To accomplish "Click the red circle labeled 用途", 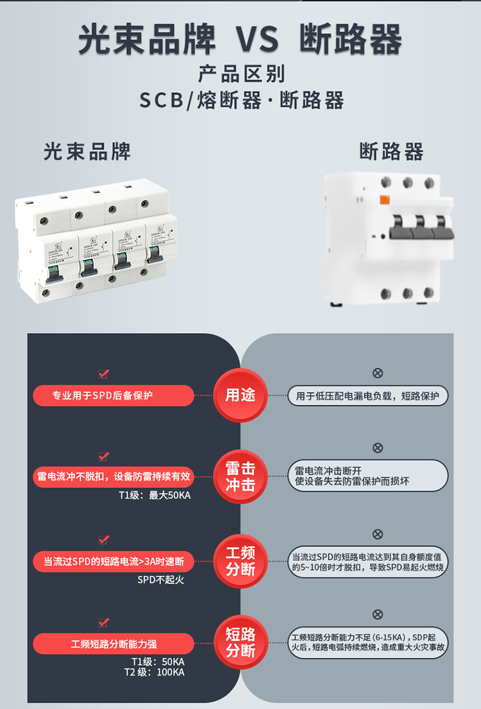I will click(x=240, y=395).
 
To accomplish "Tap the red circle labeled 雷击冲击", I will click(x=240, y=477).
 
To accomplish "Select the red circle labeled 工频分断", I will click(x=240, y=560).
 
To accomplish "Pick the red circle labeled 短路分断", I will click(x=240, y=642).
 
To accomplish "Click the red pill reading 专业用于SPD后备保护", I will click(x=114, y=396).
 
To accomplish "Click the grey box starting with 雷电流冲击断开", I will click(x=367, y=476).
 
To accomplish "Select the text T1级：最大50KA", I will click(x=155, y=494).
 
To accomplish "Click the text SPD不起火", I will click(x=160, y=580).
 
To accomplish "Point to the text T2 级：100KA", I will click(x=154, y=672).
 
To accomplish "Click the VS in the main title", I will click(x=260, y=40).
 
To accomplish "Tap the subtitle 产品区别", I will click(x=240, y=74).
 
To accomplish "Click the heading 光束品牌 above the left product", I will click(x=87, y=151).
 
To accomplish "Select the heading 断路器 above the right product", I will click(x=391, y=152).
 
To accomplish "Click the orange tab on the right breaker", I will click(x=385, y=201).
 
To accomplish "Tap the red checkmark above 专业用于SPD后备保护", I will click(x=103, y=373).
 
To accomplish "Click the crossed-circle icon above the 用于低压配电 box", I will click(x=378, y=373).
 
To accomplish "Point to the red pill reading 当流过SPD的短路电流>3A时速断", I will click(x=114, y=562).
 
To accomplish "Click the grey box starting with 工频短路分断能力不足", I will click(x=367, y=642).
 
